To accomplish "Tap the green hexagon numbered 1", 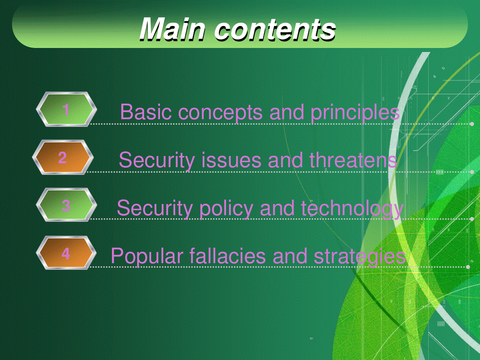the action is tap(66, 109).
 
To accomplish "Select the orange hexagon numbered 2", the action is tap(63, 157).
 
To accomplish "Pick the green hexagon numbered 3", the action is tap(66, 205).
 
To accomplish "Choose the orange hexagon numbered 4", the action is tap(66, 253).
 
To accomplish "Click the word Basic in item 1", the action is tap(146, 112).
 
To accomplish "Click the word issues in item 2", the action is tap(231, 160).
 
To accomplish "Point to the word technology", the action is tap(352, 209).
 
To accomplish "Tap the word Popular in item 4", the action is tap(147, 257).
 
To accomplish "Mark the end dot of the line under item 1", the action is tap(472, 124).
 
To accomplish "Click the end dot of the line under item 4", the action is tap(468, 267).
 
